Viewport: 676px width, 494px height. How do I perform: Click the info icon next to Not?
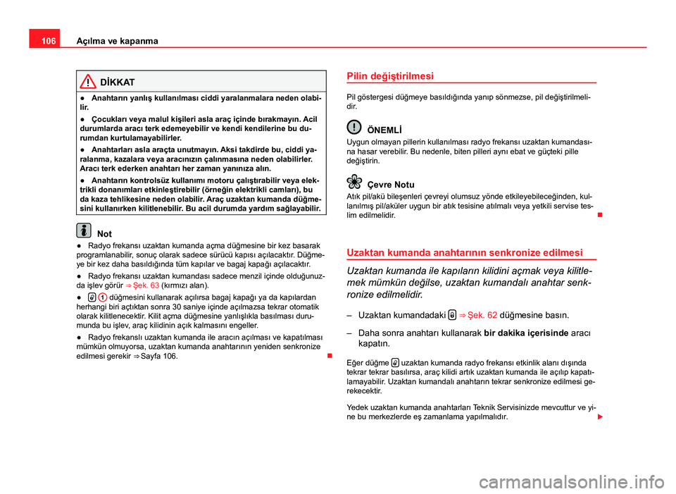pos(84,230)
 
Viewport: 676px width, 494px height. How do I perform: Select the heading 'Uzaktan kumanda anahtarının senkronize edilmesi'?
pos(465,252)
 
